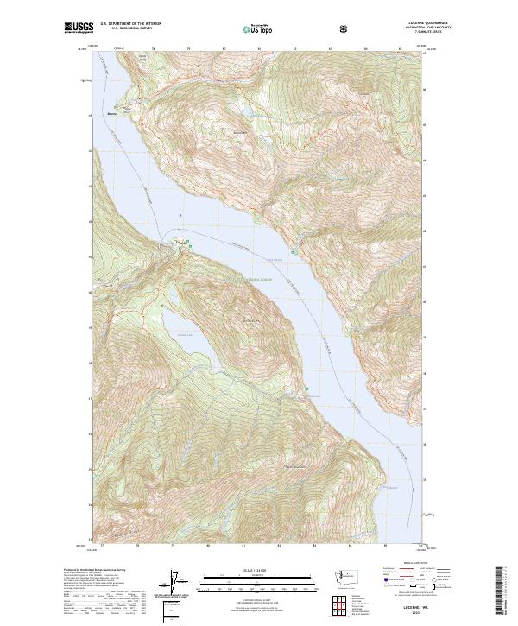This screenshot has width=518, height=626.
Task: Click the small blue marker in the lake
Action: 180,216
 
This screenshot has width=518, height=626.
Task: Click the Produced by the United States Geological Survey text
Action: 95,571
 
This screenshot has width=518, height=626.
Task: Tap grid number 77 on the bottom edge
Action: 103,547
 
